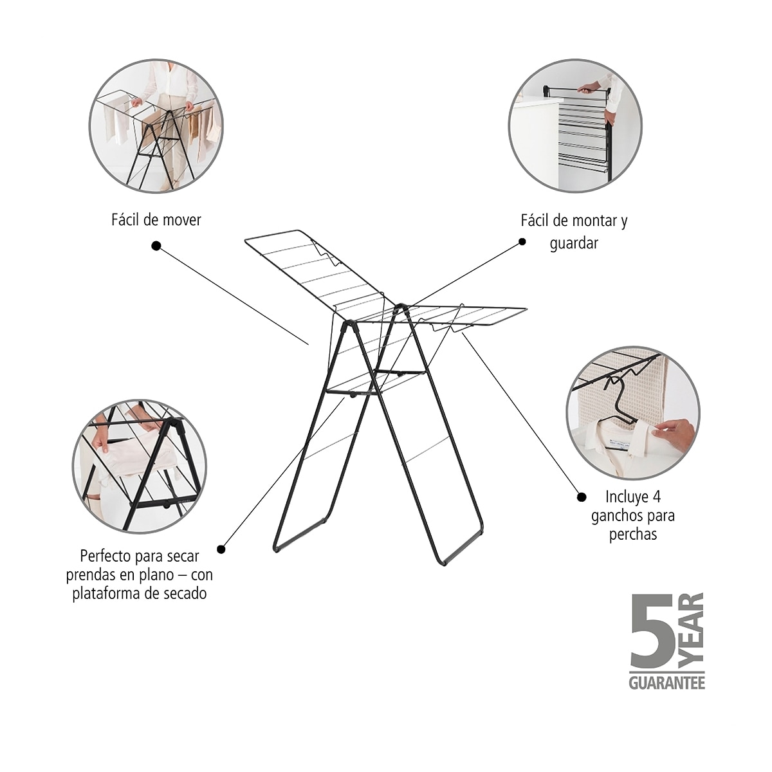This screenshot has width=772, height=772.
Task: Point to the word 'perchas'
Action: pos(633,535)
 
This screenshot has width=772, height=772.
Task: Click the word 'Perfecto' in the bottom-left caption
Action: pos(106,556)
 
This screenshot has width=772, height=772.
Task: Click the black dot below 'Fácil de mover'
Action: pos(156,246)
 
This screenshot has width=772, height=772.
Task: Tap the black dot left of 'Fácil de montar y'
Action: pos(522,242)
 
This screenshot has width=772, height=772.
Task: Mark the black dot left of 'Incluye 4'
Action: pos(582,497)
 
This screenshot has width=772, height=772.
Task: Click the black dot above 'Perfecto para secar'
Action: pos(221,549)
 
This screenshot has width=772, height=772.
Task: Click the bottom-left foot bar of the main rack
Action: pos(300,535)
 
